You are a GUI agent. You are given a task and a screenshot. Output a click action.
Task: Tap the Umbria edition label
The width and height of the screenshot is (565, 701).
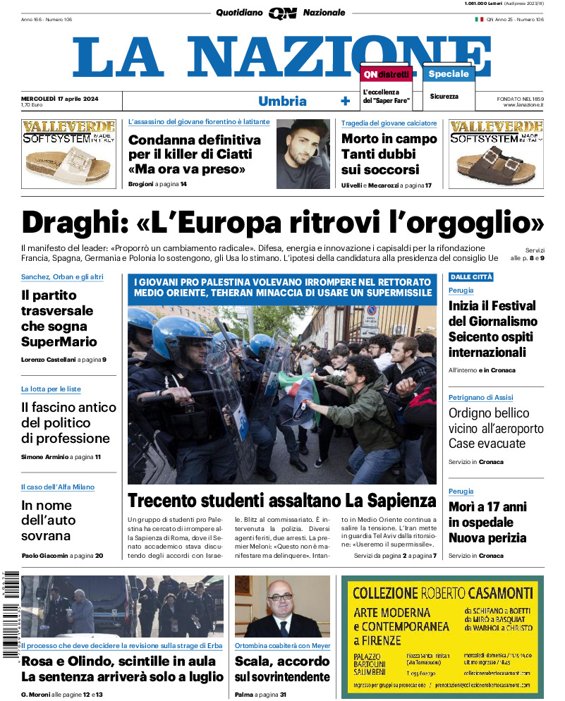[282, 101]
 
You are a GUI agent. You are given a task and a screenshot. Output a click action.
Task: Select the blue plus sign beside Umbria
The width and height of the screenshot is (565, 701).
[345, 101]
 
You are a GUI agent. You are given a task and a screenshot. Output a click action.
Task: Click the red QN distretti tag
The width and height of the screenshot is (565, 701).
[386, 74]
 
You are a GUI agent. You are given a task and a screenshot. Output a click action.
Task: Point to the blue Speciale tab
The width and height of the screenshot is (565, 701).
[448, 73]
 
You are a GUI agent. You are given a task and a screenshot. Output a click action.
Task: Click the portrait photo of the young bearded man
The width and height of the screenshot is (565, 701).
[303, 153]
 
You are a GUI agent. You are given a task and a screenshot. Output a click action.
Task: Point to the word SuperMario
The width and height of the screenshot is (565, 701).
[59, 342]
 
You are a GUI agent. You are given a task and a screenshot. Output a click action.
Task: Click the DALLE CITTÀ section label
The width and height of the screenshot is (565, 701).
[471, 277]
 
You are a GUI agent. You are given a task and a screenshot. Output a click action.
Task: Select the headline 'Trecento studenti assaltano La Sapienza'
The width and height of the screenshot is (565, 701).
[282, 501]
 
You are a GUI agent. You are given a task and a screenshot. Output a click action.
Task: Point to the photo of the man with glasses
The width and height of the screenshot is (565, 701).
[282, 606]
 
